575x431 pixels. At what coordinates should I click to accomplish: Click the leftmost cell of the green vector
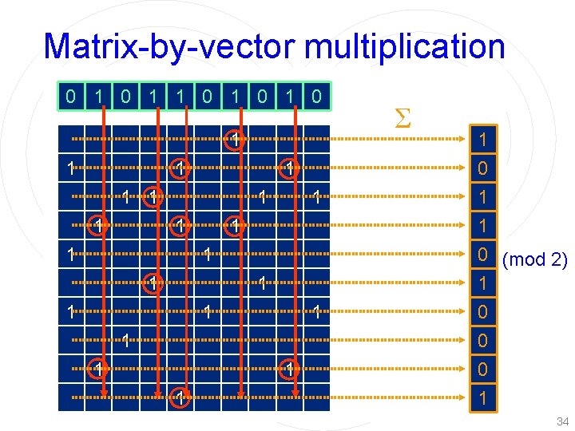pos(72,97)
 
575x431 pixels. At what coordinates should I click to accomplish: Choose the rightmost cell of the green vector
pos(317,97)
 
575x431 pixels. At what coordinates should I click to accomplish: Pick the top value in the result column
pos(482,140)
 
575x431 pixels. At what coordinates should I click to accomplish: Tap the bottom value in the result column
pos(482,397)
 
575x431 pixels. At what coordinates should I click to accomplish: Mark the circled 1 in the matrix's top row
pos(235,140)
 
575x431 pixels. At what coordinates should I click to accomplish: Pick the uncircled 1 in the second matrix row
pos(72,168)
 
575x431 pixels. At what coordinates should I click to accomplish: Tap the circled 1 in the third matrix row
pos(154,196)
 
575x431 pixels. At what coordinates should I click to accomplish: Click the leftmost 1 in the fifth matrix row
pos(72,255)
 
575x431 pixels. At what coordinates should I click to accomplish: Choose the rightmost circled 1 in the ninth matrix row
pos(289,369)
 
